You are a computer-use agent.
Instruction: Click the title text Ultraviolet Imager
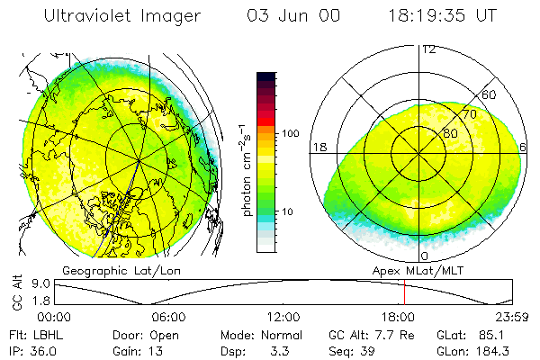coord(122,16)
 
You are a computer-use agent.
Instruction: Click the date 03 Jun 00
coord(293,16)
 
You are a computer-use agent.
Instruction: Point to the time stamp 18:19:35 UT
coord(443,16)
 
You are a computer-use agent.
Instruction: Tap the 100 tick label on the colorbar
coord(291,133)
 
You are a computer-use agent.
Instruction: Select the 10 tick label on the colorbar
coord(287,211)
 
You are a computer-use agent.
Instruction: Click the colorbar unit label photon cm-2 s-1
coord(246,170)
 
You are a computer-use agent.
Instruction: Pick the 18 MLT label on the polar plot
coord(319,148)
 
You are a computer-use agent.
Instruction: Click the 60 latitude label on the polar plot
coord(489,94)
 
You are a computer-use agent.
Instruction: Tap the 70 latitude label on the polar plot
coord(470,114)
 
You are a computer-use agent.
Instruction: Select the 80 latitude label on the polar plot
coord(450,133)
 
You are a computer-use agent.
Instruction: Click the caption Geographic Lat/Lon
coord(121,271)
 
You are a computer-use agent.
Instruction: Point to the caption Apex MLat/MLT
coord(418,271)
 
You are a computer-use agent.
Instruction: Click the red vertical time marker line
coord(404,292)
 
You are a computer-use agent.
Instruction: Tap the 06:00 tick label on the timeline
coord(169,317)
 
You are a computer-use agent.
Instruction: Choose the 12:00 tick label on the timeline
coord(283,317)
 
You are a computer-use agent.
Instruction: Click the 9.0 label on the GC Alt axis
coord(41,283)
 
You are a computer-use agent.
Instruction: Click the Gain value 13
coord(156,351)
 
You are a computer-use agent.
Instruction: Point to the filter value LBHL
coord(49,335)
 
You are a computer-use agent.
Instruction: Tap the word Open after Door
coord(164,336)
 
